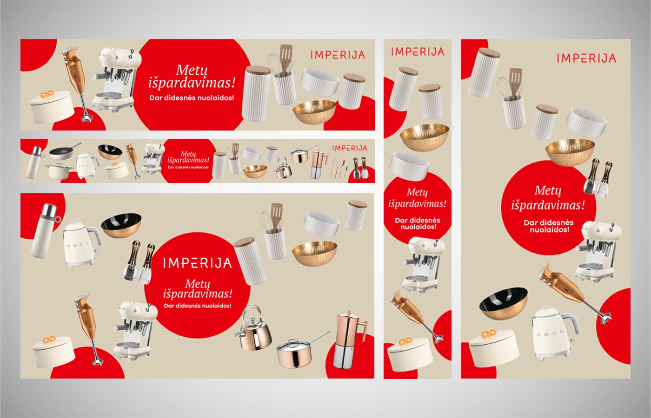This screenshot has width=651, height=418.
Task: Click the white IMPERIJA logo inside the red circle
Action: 197,263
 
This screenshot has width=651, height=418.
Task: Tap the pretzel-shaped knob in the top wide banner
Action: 47,94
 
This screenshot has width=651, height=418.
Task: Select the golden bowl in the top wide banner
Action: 314,112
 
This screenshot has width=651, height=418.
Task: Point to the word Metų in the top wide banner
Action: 192,71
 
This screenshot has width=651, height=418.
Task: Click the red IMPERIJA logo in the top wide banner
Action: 338,55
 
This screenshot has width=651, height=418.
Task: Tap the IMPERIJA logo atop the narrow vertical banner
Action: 418,52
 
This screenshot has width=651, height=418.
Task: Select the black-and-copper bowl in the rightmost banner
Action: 503,303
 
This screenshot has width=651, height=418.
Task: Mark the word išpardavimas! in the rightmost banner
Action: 548,205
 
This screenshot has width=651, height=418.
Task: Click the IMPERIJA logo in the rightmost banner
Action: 586,58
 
